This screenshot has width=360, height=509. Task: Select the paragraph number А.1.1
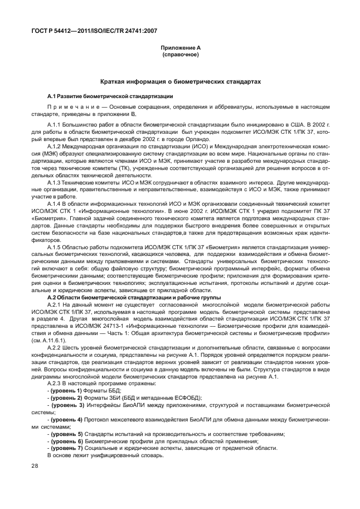pos(56,123)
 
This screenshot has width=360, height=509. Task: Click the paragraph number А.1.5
pos(56,247)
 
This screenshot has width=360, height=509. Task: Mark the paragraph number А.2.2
pos(56,348)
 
